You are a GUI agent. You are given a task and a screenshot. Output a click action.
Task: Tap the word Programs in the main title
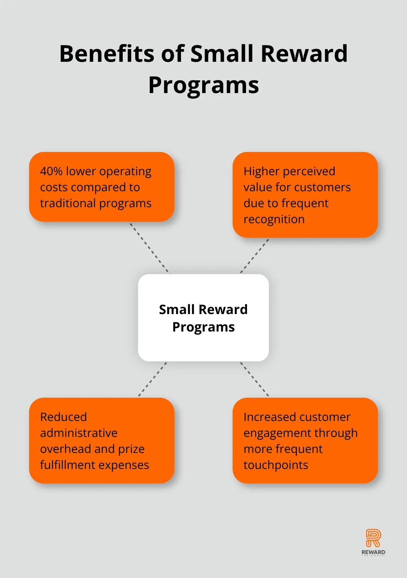click(x=203, y=85)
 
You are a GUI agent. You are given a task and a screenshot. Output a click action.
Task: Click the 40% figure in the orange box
click(x=51, y=171)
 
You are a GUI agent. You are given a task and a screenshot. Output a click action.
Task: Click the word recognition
click(x=274, y=219)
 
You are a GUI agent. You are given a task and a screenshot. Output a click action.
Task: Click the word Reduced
click(x=64, y=417)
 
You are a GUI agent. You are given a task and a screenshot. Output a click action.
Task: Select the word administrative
click(x=79, y=433)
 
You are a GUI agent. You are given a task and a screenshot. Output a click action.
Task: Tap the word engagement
click(x=278, y=433)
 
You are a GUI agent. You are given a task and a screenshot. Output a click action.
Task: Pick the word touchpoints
click(x=276, y=465)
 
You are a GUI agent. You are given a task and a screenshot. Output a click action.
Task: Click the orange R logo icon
click(x=373, y=538)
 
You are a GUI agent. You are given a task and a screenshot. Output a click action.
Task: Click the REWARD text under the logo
click(x=373, y=552)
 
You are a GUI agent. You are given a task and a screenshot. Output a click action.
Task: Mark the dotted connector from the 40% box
click(x=150, y=248)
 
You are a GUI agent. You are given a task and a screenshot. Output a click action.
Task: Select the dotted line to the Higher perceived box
click(x=254, y=256)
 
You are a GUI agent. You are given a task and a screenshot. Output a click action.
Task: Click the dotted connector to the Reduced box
click(x=153, y=379)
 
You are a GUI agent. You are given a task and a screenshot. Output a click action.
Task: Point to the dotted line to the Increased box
click(x=254, y=379)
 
